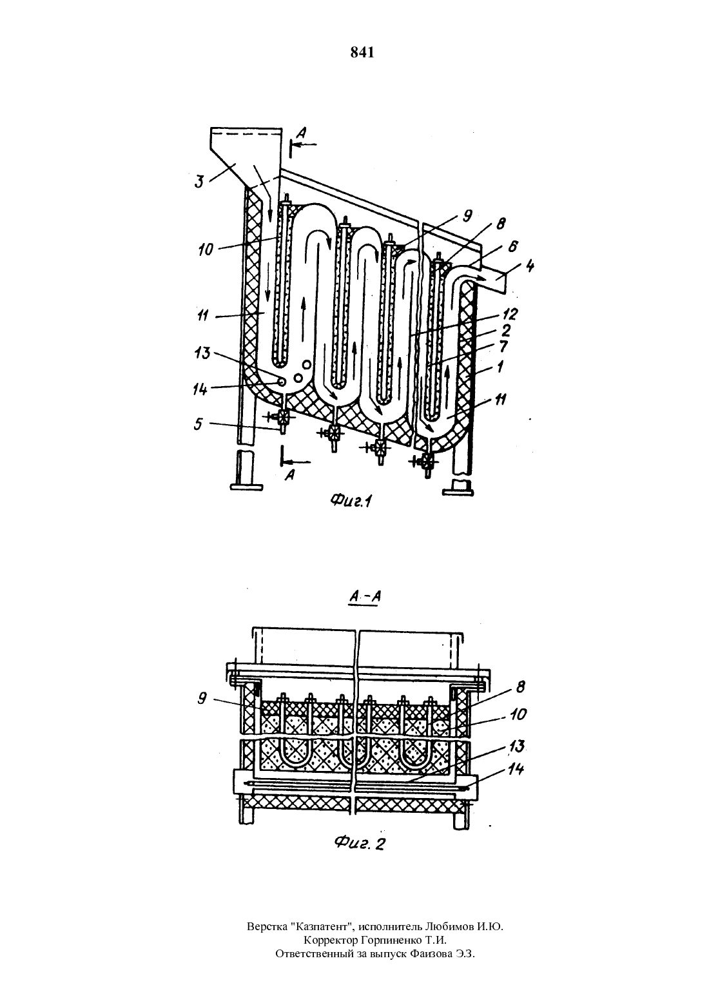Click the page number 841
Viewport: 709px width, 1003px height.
tap(362, 53)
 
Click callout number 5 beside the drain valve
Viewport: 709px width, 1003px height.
tap(199, 424)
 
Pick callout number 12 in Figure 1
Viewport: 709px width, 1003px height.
tap(511, 314)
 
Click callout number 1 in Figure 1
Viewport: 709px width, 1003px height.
tap(500, 367)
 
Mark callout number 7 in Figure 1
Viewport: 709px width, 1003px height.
tap(504, 346)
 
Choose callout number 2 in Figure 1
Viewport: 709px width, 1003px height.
tap(506, 331)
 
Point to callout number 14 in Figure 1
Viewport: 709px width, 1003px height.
tap(200, 389)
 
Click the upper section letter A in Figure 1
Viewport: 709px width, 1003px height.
tap(302, 132)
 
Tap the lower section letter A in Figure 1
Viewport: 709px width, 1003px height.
tap(290, 475)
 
